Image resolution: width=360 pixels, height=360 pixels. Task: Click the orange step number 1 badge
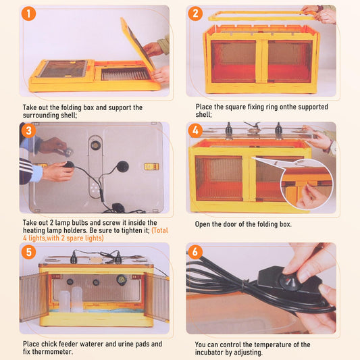click(28, 14)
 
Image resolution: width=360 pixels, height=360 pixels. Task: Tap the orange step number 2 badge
click(195, 14)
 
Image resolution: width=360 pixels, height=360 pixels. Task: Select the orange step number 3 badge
click(28, 130)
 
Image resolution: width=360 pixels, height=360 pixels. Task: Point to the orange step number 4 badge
click(195, 130)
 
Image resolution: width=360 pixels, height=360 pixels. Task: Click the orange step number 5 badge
click(28, 252)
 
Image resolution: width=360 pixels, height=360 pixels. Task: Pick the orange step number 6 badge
click(195, 252)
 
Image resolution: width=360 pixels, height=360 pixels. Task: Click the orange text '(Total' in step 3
click(160, 230)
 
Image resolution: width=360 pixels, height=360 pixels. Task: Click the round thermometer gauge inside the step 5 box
click(121, 280)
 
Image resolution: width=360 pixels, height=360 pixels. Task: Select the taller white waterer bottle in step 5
click(77, 299)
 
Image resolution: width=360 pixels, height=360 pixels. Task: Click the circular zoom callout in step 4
click(307, 184)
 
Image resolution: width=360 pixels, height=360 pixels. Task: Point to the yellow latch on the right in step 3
click(151, 166)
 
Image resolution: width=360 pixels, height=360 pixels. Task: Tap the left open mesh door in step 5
click(34, 297)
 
